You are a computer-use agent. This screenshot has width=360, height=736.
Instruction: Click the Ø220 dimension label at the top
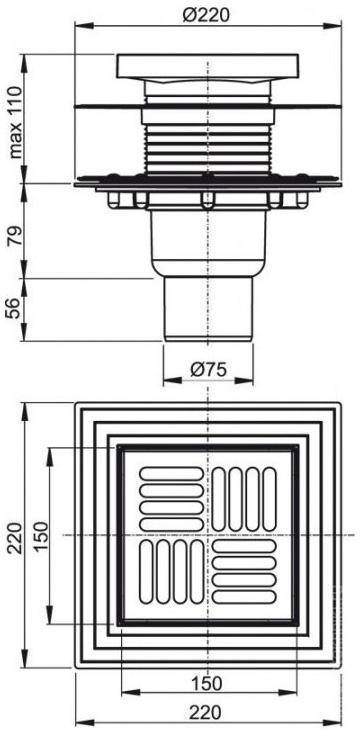click(x=207, y=15)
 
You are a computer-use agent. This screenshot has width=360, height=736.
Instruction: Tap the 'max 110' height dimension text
click(x=16, y=123)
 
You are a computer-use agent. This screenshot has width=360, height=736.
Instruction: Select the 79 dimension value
click(x=15, y=238)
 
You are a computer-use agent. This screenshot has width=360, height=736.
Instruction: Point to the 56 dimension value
click(x=15, y=308)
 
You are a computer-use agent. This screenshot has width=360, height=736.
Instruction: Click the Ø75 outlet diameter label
click(x=208, y=370)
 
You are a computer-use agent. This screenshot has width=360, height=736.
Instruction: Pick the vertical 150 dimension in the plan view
click(x=41, y=536)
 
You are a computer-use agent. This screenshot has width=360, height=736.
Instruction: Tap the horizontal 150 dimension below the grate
click(x=207, y=683)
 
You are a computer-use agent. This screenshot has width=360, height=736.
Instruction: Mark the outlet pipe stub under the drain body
click(x=208, y=309)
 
